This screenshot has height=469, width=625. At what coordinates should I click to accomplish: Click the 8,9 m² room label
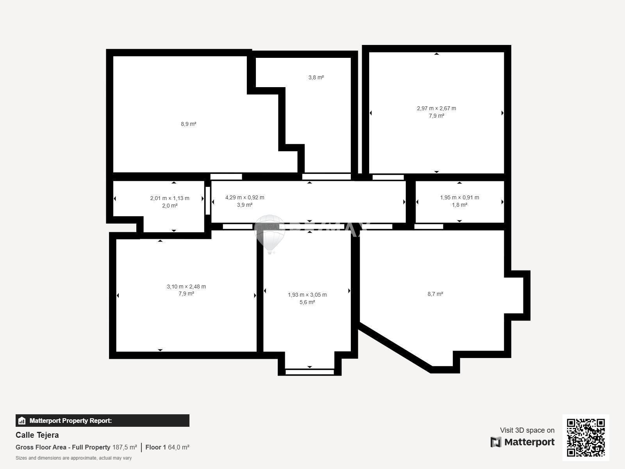coord(189,124)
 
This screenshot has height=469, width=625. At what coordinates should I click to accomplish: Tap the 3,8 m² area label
coord(316,77)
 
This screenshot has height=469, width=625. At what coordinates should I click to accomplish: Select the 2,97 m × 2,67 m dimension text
coord(436,109)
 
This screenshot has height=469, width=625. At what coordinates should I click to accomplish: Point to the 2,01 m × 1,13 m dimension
coord(170,198)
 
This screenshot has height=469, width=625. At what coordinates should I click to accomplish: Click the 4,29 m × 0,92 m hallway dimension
coord(245,197)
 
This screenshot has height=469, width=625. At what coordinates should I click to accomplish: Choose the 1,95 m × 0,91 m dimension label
coord(459,197)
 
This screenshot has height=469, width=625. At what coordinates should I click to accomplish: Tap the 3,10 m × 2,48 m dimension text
coord(186,286)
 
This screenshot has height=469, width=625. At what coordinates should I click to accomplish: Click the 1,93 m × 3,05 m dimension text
coord(307,295)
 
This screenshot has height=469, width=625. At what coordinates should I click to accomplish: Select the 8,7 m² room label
coord(436,294)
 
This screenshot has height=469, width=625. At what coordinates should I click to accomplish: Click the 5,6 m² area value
coord(307,302)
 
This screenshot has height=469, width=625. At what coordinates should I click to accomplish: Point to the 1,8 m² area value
coord(459,205)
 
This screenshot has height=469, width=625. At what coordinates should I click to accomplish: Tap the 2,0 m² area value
coord(170,206)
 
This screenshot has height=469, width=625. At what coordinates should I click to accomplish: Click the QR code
coord(586,438)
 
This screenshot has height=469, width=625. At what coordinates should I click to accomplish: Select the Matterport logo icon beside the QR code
coord(496,442)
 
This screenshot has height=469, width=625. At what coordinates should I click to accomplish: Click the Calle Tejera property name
coord(37,435)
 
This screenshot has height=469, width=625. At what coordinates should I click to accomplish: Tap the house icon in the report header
coord(22,421)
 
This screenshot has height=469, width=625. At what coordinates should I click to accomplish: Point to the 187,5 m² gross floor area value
coord(125,448)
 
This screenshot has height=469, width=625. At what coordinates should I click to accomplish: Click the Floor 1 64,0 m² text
coord(168,448)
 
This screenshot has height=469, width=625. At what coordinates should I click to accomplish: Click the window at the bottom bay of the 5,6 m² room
coord(309,372)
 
